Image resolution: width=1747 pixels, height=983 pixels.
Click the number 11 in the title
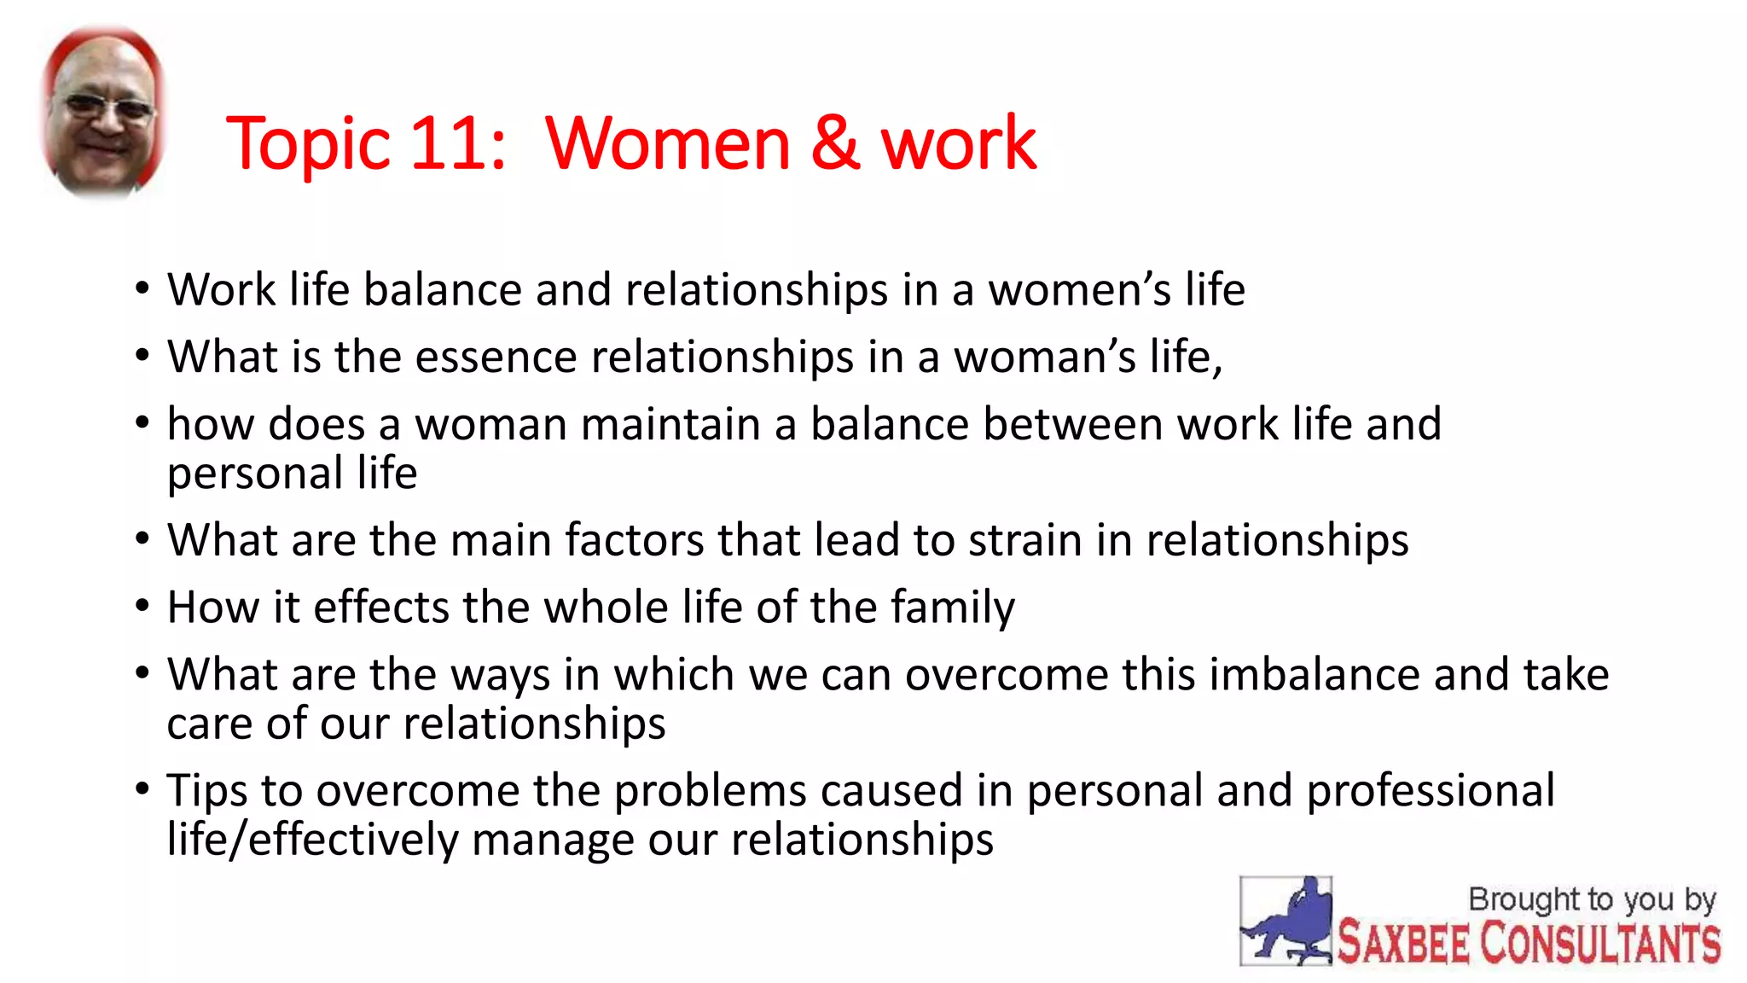pos(448,143)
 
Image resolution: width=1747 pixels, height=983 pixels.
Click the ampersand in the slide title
pos(834,143)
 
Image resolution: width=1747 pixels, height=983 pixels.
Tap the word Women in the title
pos(667,143)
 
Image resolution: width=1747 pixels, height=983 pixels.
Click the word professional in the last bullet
pos(1431,791)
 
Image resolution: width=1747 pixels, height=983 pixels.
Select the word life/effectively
pos(312,840)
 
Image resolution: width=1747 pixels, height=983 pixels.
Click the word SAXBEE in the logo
pos(1403,944)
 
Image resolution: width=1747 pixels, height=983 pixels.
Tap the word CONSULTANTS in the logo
pos(1599,944)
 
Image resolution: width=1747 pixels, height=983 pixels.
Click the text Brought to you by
pos(1591,899)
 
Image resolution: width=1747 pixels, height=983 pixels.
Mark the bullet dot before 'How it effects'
pos(142,607)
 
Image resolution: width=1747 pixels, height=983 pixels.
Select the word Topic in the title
pos(308,143)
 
